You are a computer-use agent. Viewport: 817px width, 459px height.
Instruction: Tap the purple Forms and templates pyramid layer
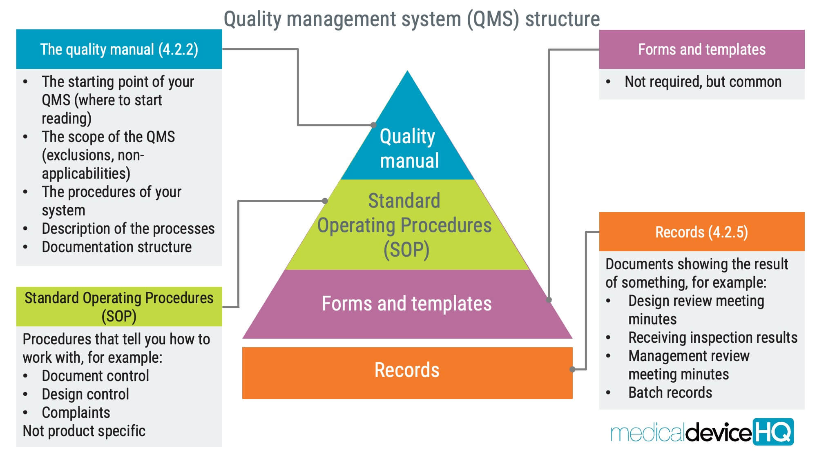(406, 304)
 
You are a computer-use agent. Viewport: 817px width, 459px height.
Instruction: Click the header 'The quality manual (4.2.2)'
(119, 49)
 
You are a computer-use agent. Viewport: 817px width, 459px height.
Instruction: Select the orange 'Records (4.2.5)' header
(701, 232)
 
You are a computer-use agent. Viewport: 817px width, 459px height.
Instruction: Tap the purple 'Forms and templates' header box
(701, 49)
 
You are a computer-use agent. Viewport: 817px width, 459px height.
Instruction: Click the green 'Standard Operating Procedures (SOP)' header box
(119, 307)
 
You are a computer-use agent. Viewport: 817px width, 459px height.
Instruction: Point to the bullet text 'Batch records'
(670, 392)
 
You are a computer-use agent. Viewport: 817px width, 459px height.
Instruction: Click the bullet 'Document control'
(95, 376)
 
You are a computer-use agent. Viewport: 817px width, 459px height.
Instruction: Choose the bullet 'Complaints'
(76, 412)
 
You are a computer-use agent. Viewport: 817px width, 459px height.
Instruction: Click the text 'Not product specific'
(84, 431)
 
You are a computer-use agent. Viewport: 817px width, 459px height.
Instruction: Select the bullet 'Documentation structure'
(116, 247)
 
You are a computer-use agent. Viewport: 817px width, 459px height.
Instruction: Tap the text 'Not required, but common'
(703, 82)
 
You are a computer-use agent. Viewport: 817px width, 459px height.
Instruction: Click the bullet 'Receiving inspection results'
(712, 338)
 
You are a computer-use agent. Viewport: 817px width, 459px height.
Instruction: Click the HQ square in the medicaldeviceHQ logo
(773, 432)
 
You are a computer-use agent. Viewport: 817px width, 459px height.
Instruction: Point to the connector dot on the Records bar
(572, 369)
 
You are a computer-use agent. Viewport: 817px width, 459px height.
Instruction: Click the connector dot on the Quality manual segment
(373, 125)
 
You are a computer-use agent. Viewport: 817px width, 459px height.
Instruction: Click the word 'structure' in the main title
(563, 19)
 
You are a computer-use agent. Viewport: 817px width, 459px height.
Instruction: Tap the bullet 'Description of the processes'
(128, 229)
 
